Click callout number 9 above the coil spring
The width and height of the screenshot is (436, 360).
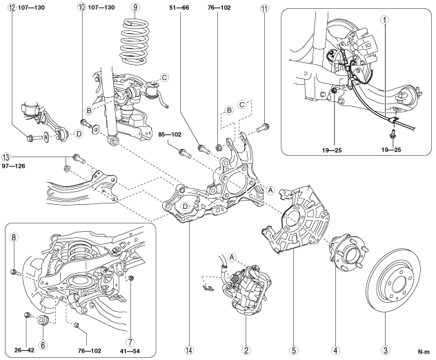[135, 7]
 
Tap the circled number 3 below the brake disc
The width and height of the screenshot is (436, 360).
[385, 350]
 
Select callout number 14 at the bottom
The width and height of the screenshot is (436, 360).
[189, 350]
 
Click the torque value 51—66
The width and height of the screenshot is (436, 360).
[179, 8]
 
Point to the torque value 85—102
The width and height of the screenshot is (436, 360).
[170, 134]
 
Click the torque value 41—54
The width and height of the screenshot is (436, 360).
[130, 351]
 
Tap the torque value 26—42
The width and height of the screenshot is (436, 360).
[24, 350]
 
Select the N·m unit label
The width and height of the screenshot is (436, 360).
[424, 352]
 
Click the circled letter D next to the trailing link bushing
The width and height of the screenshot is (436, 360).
[79, 134]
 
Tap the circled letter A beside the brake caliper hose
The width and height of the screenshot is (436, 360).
[231, 258]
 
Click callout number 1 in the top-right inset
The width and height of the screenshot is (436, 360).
[385, 20]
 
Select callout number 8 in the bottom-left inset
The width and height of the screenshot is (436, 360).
[14, 237]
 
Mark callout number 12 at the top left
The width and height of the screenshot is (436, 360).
[12, 8]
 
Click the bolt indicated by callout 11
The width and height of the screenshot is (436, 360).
[262, 128]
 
